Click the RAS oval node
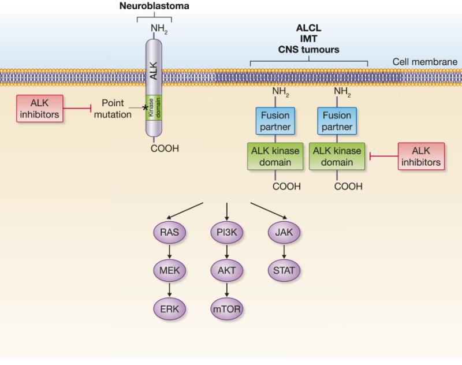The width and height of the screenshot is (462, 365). [170, 233]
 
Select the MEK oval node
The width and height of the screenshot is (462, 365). [170, 270]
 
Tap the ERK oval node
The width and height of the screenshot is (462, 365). [170, 308]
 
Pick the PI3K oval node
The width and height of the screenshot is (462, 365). [227, 233]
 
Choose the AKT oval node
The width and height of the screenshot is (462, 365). [227, 270]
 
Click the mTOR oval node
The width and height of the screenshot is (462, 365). [227, 308]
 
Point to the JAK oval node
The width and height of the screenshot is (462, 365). [285, 233]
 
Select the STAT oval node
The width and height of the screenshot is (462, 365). [285, 270]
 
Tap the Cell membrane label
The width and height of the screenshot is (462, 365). [425, 62]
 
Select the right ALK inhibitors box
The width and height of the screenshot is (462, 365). [422, 157]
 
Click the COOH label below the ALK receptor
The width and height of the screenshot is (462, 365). [165, 148]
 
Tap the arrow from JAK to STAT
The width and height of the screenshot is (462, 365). [285, 251]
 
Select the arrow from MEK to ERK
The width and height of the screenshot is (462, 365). [170, 289]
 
